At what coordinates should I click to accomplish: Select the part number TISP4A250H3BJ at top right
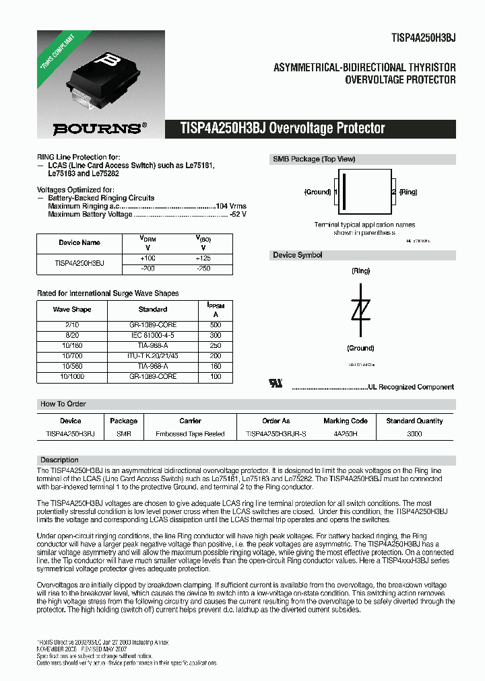coord(424,38)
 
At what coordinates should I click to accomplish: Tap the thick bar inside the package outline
coord(344,191)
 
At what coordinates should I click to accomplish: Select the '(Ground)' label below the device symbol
coord(360,348)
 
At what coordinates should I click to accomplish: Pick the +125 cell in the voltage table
coord(203,258)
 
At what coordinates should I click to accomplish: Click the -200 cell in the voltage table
coord(147,268)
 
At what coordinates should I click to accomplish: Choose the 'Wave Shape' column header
coord(72,310)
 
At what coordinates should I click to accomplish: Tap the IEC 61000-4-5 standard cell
coord(153,334)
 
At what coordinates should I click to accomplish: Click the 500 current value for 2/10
coord(216,324)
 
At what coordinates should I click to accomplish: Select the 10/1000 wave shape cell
coord(72,377)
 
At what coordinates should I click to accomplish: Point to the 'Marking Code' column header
coord(346,421)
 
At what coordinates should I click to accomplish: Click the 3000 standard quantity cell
coord(414,434)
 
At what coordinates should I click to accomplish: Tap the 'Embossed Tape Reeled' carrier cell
coord(190,434)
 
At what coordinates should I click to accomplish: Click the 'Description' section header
coord(60,460)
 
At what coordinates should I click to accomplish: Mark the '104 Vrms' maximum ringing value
coord(231,206)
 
